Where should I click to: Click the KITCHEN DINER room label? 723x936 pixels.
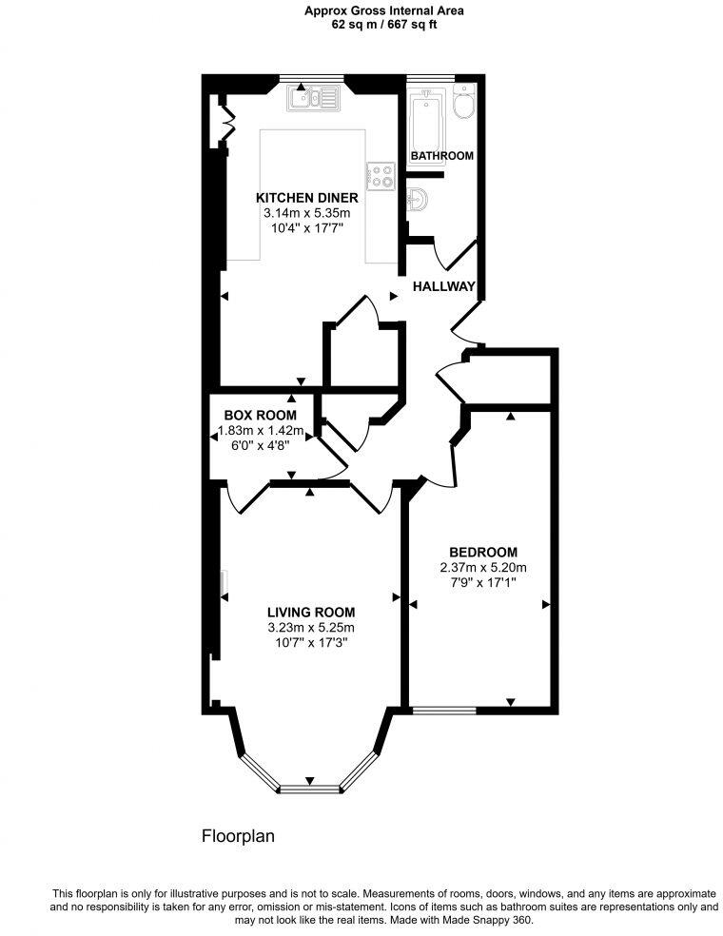coord(306,198)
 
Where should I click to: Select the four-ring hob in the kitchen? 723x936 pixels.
coord(381,175)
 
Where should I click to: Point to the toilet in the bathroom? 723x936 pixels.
coord(463,105)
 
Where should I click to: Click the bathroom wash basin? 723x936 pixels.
coord(420,201)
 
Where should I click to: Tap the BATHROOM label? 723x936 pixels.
coord(441,155)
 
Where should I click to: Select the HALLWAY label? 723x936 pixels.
coord(443,285)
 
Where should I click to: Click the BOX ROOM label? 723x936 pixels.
coord(260,416)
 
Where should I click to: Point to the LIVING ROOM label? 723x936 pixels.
coord(311,613)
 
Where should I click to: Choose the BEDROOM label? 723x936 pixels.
coord(482,553)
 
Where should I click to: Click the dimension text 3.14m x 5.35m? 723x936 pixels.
coord(306,214)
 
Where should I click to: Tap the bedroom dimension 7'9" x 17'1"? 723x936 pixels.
coord(482,583)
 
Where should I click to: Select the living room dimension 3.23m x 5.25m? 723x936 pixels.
coord(311,628)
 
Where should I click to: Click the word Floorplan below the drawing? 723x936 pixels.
coord(238,837)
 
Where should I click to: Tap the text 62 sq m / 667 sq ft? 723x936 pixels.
coord(372,25)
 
